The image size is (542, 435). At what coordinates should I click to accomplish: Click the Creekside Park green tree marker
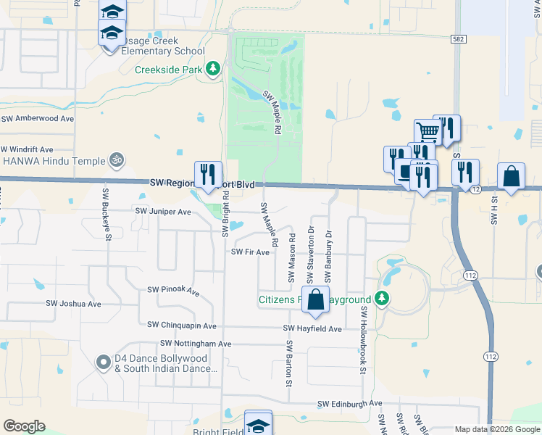[213, 69]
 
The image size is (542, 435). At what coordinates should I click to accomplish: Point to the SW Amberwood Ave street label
[38, 118]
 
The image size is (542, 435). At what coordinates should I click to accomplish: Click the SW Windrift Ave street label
[28, 149]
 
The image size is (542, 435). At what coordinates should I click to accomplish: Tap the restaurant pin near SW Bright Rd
[208, 174]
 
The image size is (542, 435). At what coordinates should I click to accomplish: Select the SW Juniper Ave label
[163, 212]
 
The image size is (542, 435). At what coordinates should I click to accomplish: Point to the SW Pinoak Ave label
[173, 290]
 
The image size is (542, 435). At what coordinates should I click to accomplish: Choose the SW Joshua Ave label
[73, 304]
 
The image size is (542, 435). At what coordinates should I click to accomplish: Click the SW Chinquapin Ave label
[181, 326]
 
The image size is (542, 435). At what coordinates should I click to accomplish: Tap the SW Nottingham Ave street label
[195, 343]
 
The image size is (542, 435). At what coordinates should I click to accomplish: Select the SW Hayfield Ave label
[312, 328]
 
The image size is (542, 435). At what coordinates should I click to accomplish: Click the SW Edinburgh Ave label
[349, 403]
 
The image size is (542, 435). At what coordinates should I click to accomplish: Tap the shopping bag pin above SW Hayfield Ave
[315, 299]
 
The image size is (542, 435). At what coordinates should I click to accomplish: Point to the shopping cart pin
[428, 132]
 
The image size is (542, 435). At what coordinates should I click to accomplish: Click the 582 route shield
[456, 39]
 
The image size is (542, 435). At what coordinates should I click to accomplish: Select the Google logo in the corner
[24, 426]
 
